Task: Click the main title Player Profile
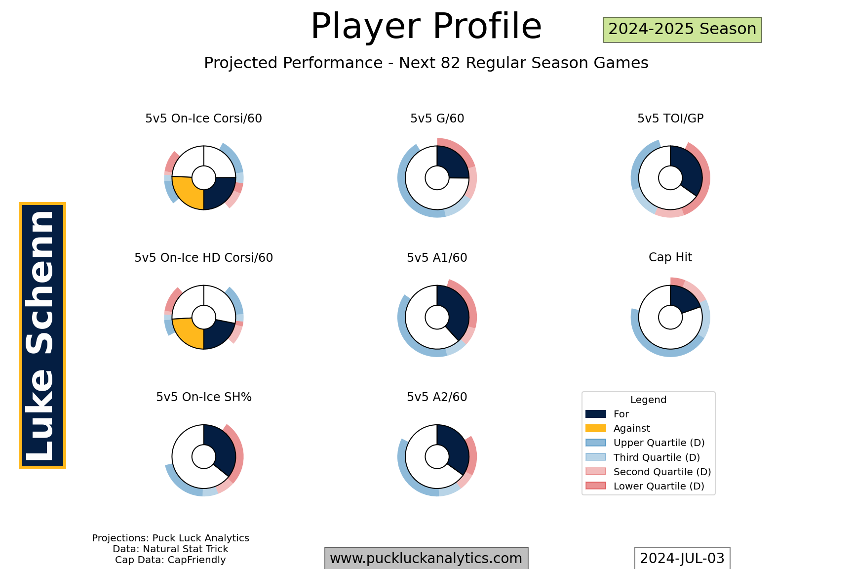pyautogui.click(x=426, y=26)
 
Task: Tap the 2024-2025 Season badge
pyautogui.click(x=682, y=30)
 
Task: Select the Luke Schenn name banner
pyautogui.click(x=42, y=335)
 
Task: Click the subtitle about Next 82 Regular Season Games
pyautogui.click(x=426, y=63)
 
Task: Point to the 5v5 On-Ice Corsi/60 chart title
pyautogui.click(x=203, y=119)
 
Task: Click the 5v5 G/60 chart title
pyautogui.click(x=437, y=119)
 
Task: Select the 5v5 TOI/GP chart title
pyautogui.click(x=670, y=119)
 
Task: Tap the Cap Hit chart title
pyautogui.click(x=670, y=257)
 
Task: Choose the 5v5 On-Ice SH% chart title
pyautogui.click(x=203, y=397)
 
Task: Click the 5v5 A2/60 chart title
pyautogui.click(x=437, y=397)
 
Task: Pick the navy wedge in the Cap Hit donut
pyautogui.click(x=683, y=299)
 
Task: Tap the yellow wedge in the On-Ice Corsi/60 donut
pyautogui.click(x=187, y=193)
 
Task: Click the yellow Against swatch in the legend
pyautogui.click(x=595, y=428)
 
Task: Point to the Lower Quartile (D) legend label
pyautogui.click(x=659, y=486)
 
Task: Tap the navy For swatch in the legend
pyautogui.click(x=595, y=414)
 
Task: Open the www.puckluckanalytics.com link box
pyautogui.click(x=426, y=558)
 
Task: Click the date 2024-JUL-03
pyautogui.click(x=682, y=558)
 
